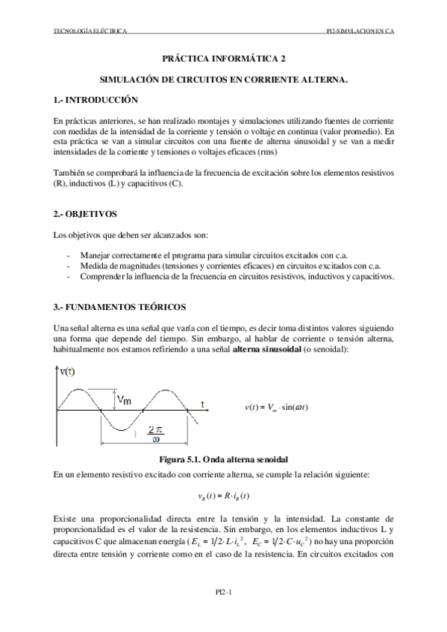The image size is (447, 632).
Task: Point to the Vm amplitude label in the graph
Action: [x=125, y=401]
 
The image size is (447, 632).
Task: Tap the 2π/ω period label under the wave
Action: [x=156, y=433]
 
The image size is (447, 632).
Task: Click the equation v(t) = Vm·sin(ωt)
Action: [x=277, y=407]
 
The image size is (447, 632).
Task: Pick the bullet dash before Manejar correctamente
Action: [x=69, y=254]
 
